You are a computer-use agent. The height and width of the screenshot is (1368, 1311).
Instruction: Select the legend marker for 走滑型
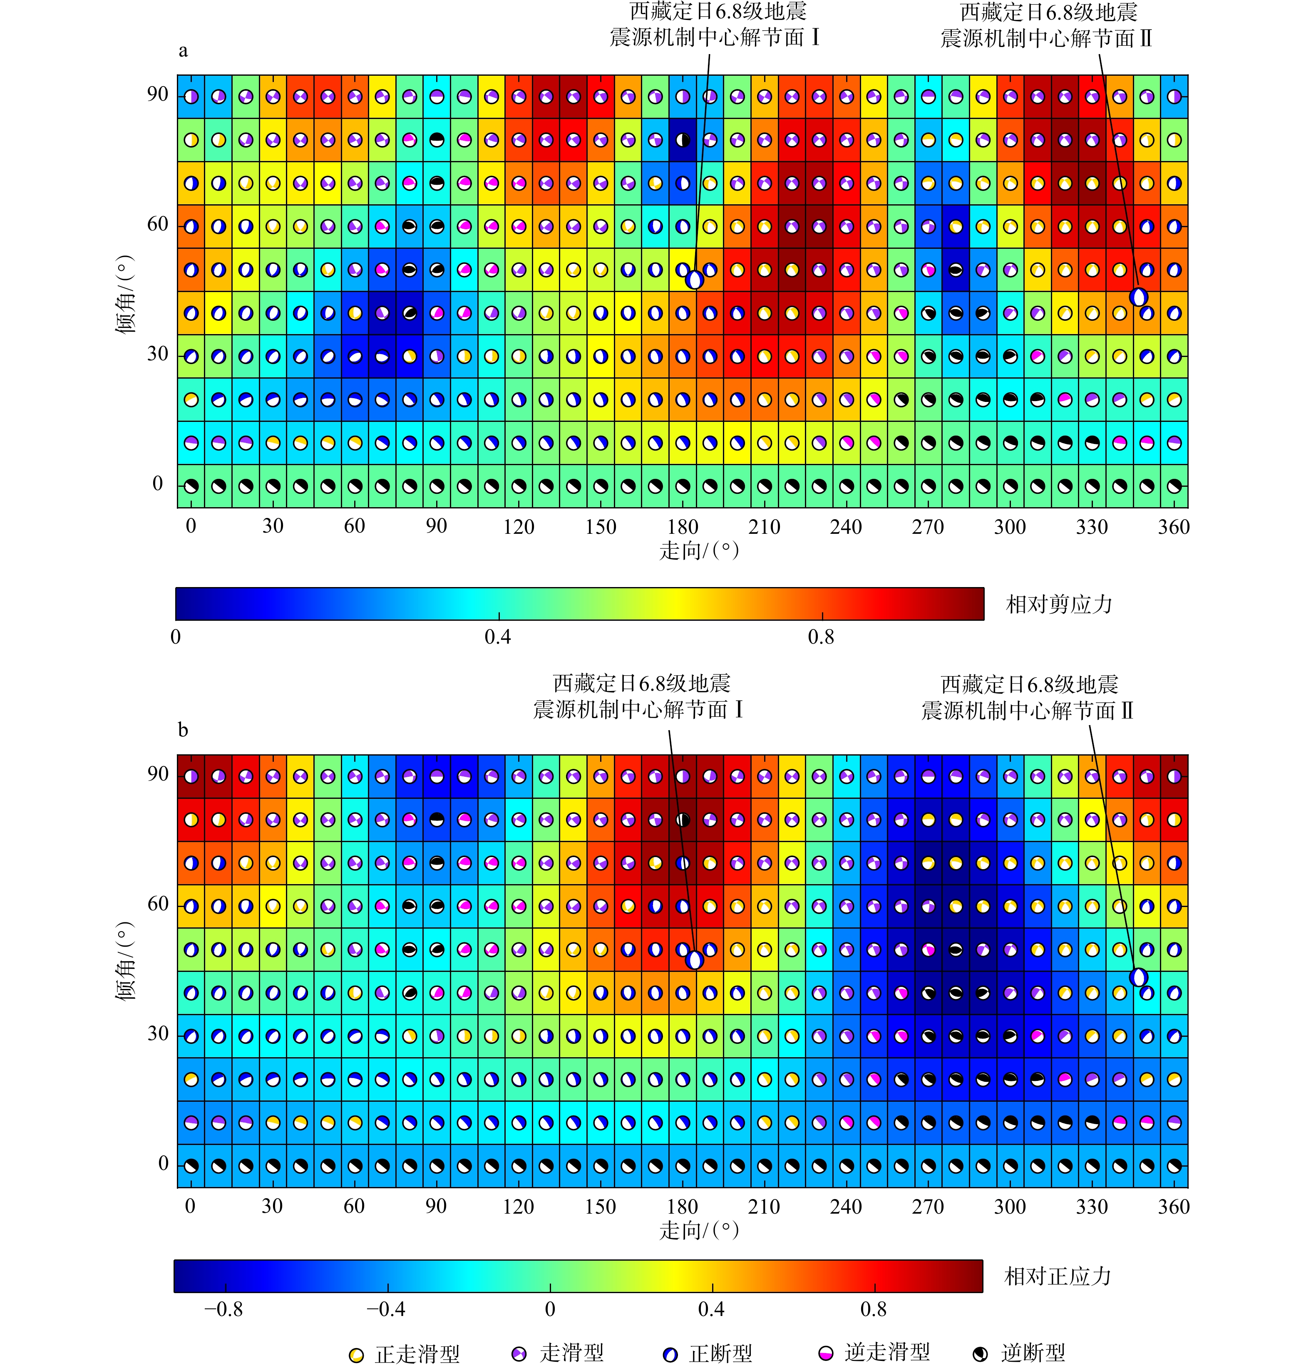pos(519,1354)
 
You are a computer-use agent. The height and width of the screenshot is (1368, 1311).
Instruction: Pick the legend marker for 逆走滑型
pos(826,1354)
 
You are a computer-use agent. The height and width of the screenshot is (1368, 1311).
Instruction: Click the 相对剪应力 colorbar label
pos(1058,605)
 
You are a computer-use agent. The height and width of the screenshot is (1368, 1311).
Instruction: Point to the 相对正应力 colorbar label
pos(1057,1276)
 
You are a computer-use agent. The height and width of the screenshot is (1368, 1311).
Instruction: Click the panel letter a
pos(183,51)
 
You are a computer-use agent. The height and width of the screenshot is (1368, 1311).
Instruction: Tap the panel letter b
pos(183,730)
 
